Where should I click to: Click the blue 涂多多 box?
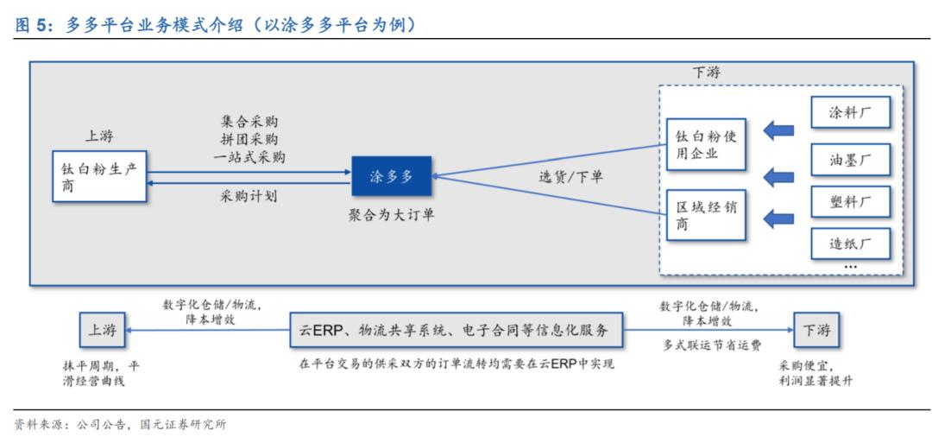click(392, 176)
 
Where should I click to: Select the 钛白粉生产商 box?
click(98, 177)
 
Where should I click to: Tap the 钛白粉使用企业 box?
click(707, 145)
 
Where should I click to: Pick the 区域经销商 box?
click(707, 214)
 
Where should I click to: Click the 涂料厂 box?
click(849, 113)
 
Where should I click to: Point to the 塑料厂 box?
click(849, 202)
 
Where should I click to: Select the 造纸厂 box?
click(849, 244)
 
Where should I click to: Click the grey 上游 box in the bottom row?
click(100, 330)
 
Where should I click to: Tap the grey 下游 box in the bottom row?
click(815, 330)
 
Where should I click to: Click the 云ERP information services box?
click(456, 330)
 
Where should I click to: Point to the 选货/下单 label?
click(571, 177)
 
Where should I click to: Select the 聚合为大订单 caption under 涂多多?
click(392, 214)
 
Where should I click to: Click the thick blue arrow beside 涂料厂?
click(779, 131)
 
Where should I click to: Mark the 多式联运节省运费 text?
click(712, 345)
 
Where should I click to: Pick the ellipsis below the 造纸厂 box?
click(850, 267)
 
